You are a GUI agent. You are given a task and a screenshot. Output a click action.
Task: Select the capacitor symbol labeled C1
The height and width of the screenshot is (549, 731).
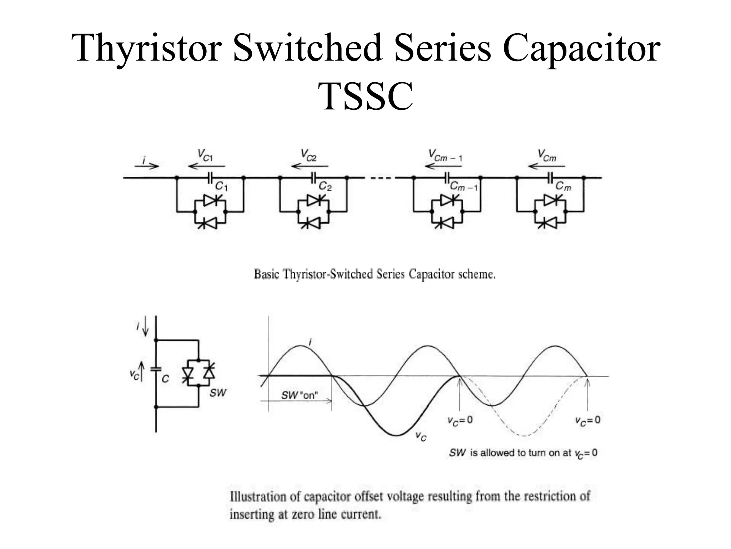coord(210,177)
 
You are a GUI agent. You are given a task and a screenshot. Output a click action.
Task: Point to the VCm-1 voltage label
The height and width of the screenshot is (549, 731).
coord(445,156)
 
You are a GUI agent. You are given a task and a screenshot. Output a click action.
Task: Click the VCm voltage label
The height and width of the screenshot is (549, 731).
coord(547,156)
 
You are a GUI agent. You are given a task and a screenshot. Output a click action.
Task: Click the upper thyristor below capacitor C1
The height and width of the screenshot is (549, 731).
coord(211,200)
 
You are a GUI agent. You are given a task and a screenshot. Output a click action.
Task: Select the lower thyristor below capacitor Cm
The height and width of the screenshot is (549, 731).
coord(550,224)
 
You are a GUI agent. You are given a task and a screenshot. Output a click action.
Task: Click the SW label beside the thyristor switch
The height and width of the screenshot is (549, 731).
coord(218,393)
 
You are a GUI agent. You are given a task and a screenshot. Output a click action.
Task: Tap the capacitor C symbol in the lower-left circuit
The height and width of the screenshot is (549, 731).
coord(156,369)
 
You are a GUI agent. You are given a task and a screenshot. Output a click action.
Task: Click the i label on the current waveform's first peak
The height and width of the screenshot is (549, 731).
coord(310,342)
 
